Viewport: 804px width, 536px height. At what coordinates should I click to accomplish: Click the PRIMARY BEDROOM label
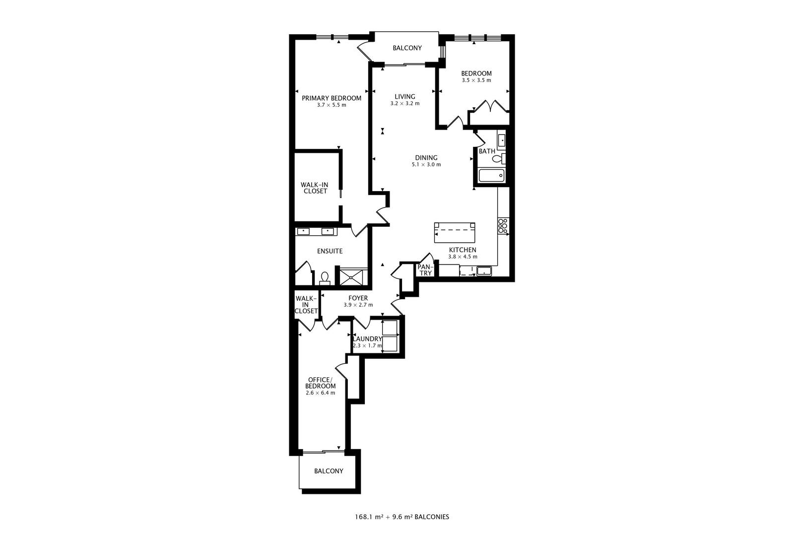[332, 98]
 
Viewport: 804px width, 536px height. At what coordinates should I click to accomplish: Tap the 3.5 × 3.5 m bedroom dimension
[476, 80]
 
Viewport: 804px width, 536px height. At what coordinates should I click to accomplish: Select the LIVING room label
[404, 96]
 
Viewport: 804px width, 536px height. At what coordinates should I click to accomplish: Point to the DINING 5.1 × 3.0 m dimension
[426, 165]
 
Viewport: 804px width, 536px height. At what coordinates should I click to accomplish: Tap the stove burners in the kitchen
[502, 226]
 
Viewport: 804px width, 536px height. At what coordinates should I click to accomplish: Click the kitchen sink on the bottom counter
[483, 271]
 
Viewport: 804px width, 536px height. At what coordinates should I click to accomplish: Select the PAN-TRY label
[425, 270]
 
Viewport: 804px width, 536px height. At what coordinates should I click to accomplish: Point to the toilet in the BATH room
[498, 159]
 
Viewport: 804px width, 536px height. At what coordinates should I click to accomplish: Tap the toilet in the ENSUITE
[325, 278]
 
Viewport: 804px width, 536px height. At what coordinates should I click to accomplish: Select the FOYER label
[358, 298]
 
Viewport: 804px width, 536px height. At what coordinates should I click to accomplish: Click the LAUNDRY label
[368, 339]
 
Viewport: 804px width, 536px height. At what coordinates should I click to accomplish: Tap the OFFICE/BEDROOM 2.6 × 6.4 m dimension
[320, 393]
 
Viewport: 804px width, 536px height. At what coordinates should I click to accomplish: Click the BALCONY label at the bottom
[329, 471]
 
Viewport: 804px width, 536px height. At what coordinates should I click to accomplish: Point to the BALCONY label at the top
[407, 48]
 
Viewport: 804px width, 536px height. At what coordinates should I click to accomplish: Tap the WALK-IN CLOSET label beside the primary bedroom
[315, 188]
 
